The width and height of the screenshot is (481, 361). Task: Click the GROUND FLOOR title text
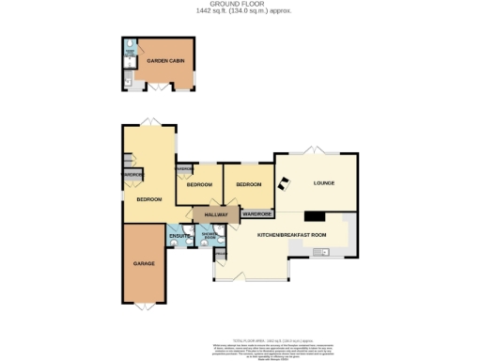tap(240, 4)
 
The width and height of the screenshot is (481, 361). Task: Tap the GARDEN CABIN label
tap(165, 61)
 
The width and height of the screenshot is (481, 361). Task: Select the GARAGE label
tap(144, 264)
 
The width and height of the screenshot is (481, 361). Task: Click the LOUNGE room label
tap(324, 183)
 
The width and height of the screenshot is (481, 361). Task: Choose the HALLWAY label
tap(215, 215)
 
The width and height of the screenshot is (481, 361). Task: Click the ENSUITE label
tap(179, 235)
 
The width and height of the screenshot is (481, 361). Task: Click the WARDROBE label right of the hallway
tap(257, 214)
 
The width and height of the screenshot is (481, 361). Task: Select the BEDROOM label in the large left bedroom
tap(149, 199)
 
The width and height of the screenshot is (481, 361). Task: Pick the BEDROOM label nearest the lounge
tap(248, 184)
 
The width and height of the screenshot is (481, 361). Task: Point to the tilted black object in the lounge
tap(282, 183)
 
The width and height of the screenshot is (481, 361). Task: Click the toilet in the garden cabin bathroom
tap(128, 83)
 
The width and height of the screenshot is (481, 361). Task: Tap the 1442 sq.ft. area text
tap(240, 11)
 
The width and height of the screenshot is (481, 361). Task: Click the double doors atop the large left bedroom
tap(147, 121)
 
